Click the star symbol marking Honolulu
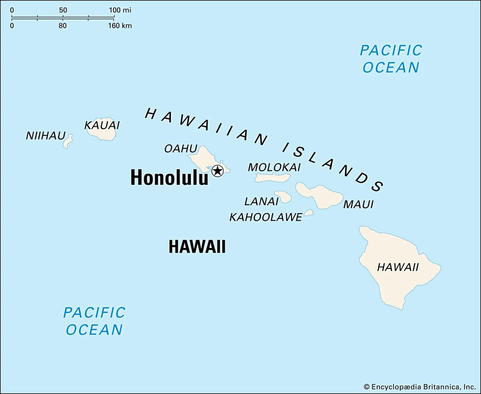217,171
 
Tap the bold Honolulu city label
169,178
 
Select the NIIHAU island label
45,136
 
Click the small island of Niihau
68,141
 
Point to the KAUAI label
102,126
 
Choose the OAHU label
181,148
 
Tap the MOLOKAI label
274,167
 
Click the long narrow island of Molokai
273,178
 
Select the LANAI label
261,201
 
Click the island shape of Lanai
283,196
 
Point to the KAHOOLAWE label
265,217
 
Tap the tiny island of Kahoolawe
308,213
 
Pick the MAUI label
358,204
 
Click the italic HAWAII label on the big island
398,267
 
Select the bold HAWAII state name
197,247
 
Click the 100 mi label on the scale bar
120,10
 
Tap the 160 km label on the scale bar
120,26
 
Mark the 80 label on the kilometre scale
63,26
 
